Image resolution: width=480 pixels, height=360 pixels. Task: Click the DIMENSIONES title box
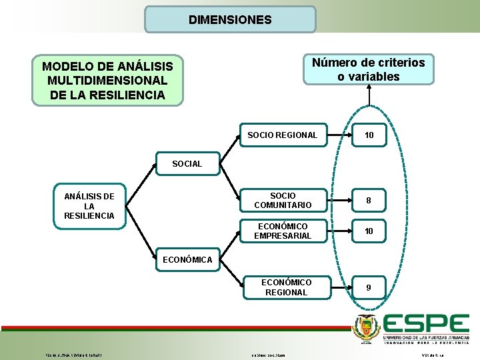[230, 20]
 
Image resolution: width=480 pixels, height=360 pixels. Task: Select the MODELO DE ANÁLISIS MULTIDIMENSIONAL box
[107, 81]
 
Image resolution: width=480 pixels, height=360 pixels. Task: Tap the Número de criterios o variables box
[369, 69]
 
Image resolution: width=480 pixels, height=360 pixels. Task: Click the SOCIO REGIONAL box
[283, 135]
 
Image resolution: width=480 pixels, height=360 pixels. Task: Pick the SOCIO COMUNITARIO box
[283, 200]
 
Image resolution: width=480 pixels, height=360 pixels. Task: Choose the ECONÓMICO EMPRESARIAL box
[283, 231]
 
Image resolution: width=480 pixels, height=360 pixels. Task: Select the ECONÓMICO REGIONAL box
[286, 287]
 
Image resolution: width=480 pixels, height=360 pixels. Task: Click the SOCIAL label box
[187, 164]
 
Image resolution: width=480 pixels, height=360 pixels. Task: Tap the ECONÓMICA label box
[187, 259]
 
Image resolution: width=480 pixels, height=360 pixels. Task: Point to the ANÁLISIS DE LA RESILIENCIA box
[89, 206]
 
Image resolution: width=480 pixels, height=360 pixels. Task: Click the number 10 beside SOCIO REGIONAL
[369, 135]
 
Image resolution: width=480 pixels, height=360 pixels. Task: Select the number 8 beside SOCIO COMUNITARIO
[369, 200]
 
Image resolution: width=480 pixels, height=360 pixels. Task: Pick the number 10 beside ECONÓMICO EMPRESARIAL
[369, 231]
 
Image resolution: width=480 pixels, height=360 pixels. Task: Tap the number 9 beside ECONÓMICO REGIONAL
[369, 287]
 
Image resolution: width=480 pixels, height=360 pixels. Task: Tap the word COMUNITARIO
[283, 205]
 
